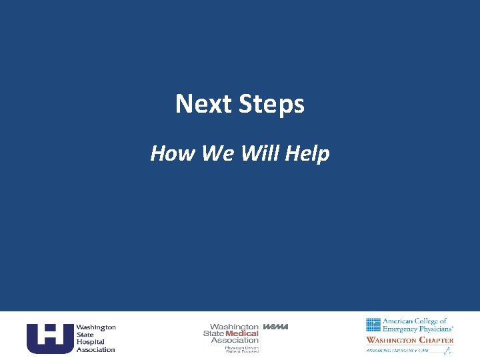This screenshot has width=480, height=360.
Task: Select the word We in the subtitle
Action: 214,153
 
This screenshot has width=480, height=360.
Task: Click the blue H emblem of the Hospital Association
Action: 49,338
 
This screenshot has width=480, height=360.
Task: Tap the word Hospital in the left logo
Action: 90,342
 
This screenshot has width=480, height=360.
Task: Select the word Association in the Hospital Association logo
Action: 95,349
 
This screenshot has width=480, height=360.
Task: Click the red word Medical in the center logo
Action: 242,333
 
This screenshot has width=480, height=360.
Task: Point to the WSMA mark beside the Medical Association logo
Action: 275,327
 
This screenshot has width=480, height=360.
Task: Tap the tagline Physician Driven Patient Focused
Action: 241,349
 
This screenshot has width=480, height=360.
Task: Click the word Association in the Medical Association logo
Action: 235,340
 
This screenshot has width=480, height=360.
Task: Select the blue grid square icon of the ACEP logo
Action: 373,325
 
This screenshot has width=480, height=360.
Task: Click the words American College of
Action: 415,321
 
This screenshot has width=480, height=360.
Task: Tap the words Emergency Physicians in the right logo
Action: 418,329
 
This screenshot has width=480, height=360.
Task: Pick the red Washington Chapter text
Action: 409,340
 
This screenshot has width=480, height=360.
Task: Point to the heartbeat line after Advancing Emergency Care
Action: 446,351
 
